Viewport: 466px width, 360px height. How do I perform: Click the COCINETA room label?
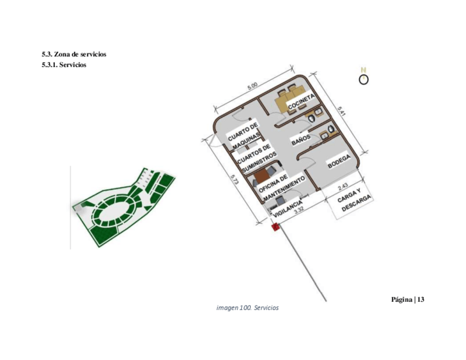[x=301, y=102]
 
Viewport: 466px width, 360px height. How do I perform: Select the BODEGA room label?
[x=339, y=161]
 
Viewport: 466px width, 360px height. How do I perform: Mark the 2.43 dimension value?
[x=342, y=186]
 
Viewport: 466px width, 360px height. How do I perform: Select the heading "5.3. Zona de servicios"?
[x=74, y=54]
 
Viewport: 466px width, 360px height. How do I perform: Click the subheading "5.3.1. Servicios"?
[x=64, y=65]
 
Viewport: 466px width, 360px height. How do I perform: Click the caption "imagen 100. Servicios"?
[x=248, y=308]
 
